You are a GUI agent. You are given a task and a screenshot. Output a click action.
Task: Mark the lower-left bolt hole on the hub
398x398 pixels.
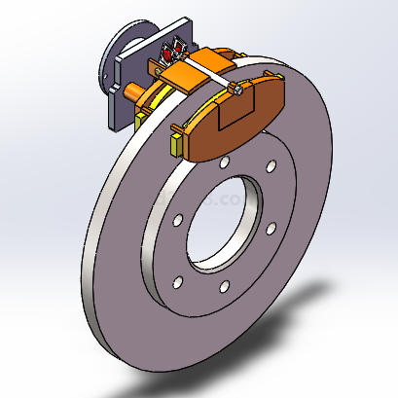(x=179, y=283)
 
